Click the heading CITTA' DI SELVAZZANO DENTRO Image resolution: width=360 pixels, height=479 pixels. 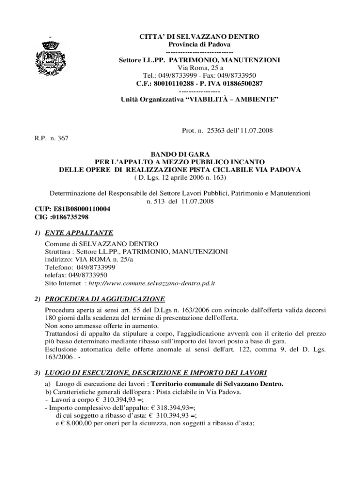pos(199,36)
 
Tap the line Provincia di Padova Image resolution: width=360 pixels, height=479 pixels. pos(199,44)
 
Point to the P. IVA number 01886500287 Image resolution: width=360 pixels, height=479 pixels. pos(237,84)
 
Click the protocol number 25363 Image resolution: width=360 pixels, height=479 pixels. pos(214,131)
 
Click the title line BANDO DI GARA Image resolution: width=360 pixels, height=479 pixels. pos(180,154)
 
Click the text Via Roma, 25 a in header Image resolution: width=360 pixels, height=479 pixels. pos(199,68)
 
